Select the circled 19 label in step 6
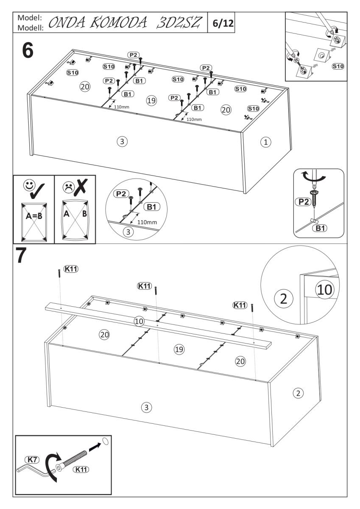coord(150,100)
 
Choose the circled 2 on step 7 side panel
coord(298,393)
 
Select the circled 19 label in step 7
coord(179,349)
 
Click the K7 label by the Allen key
coord(33,459)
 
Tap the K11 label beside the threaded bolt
coord(81,469)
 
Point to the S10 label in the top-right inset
coord(338,67)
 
